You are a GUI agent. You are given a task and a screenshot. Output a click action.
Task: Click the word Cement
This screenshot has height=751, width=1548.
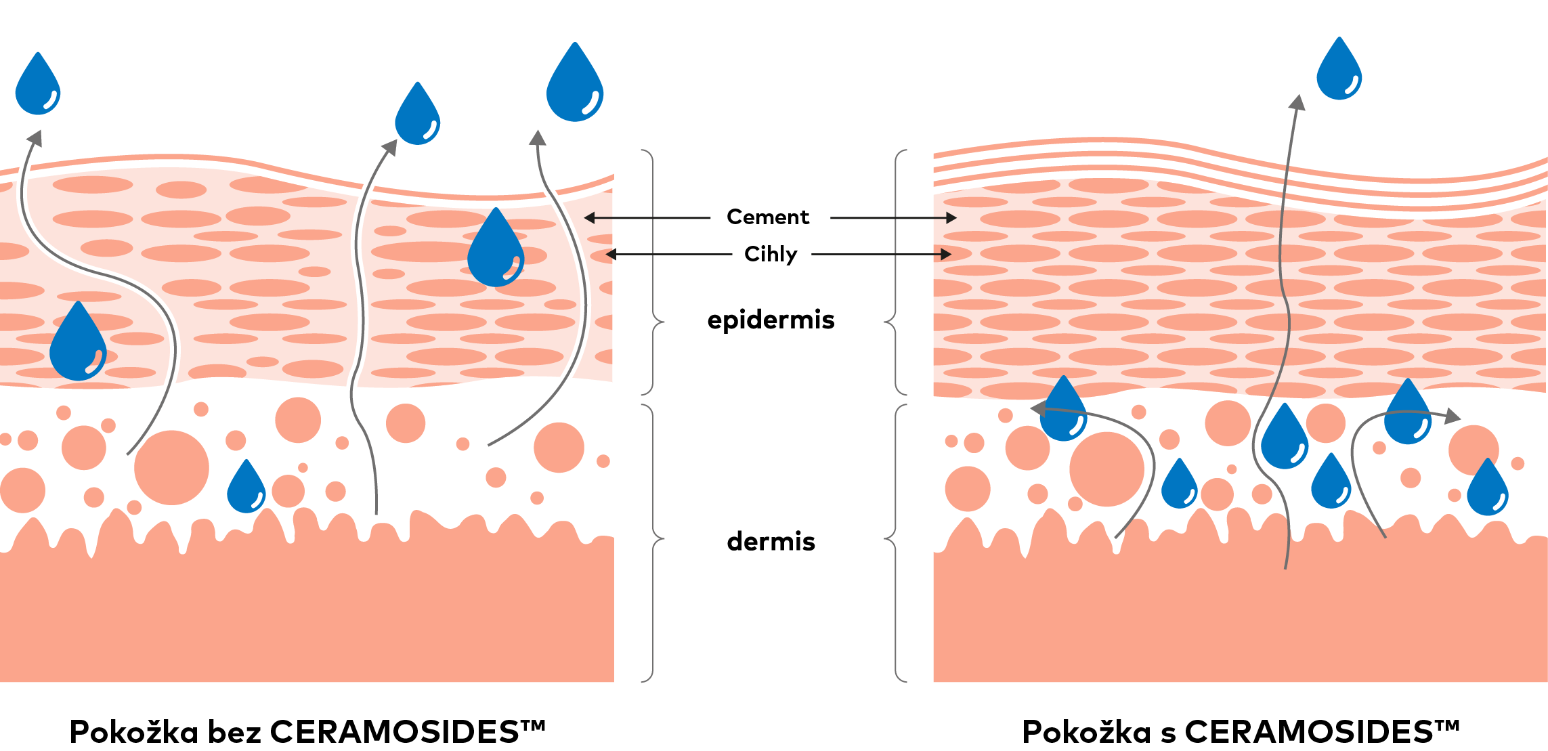tap(767, 217)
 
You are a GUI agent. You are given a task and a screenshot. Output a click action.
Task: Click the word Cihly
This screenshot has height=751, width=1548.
tap(771, 254)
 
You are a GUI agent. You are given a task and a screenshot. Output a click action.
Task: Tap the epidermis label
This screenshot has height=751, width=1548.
tap(771, 320)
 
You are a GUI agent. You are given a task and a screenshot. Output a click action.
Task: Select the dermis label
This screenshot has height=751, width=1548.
tap(771, 542)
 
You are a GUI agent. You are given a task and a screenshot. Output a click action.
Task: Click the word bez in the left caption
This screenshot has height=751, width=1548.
tap(234, 732)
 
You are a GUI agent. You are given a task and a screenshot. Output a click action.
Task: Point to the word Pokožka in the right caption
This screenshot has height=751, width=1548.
tap(1086, 732)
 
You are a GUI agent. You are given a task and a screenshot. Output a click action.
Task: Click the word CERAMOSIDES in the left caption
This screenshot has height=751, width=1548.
tap(394, 732)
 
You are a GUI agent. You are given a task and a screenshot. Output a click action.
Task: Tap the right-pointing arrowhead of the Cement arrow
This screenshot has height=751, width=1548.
tap(951, 218)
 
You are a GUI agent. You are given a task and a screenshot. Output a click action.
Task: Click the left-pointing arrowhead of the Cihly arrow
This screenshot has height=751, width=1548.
tap(611, 255)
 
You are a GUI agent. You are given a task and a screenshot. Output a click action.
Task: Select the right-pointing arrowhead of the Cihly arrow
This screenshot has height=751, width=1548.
tap(947, 255)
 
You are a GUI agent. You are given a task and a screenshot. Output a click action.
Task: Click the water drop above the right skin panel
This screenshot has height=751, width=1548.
tap(1339, 71)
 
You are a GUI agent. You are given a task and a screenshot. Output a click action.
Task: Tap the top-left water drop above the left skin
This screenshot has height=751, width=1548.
tap(38, 86)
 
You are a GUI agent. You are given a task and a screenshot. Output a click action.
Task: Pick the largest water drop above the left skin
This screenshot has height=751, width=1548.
tap(575, 85)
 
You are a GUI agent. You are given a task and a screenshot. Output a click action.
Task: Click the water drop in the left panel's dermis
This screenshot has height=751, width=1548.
tap(246, 488)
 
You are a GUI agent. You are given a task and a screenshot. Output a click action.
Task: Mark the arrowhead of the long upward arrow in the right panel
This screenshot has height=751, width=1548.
tap(1297, 102)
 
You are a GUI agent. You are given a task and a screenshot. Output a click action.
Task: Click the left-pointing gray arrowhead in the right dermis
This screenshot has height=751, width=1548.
tap(1037, 408)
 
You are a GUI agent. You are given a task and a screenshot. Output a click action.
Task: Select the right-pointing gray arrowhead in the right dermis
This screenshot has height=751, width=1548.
tap(1453, 416)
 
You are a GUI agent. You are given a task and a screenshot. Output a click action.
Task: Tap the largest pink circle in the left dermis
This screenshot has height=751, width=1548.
tap(171, 467)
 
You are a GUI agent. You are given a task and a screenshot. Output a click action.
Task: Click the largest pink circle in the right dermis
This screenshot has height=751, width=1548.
tap(1107, 469)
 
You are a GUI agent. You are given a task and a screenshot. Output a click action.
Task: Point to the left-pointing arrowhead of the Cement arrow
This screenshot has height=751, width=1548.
tap(589, 218)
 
